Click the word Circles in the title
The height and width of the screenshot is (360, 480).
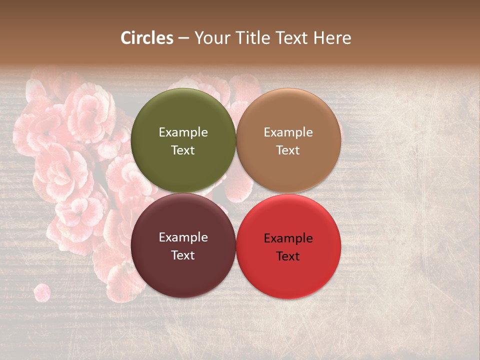click(146, 38)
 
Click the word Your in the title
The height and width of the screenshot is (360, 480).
click(210, 38)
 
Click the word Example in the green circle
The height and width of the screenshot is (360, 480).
click(183, 132)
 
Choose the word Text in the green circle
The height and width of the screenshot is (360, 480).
click(183, 150)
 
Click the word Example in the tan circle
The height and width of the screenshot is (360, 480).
click(288, 132)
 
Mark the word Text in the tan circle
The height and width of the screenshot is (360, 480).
click(288, 150)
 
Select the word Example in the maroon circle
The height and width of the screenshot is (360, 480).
click(183, 237)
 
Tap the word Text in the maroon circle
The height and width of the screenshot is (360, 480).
click(183, 255)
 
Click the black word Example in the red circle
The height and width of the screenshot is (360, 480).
click(288, 238)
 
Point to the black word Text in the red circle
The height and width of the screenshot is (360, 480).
click(288, 256)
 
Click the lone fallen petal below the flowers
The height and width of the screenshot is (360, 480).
click(42, 292)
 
